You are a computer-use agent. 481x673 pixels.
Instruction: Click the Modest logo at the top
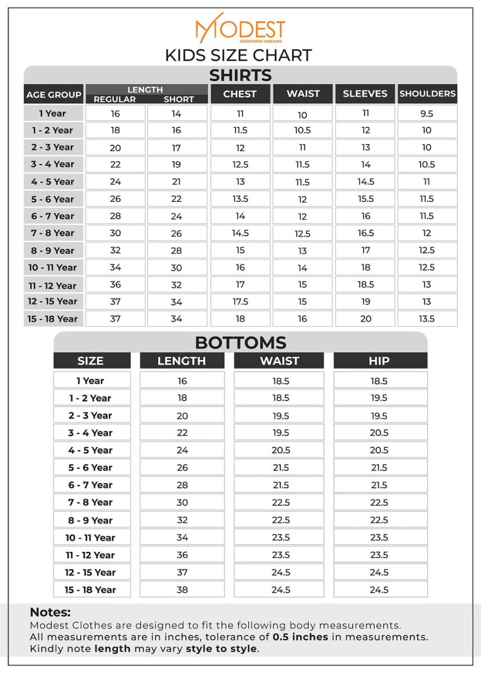click(240, 29)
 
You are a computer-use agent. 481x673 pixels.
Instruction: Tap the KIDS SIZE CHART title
click(239, 56)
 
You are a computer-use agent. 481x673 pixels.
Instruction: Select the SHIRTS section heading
click(240, 75)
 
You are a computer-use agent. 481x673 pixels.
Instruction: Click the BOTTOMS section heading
click(240, 342)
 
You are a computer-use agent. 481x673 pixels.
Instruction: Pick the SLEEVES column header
click(365, 94)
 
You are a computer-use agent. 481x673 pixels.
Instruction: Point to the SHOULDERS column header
click(427, 94)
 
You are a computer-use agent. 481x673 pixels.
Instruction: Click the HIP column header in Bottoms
click(379, 361)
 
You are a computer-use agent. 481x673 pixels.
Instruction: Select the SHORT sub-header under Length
click(178, 99)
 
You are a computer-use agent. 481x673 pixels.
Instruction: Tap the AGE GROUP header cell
click(54, 94)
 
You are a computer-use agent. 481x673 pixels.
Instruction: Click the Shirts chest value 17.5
click(240, 302)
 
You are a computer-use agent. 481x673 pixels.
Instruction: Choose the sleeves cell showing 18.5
click(365, 284)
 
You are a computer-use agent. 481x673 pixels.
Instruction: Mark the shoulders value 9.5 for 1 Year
click(427, 113)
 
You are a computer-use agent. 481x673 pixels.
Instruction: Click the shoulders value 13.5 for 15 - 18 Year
click(427, 319)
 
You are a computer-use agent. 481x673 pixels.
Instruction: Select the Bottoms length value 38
click(182, 589)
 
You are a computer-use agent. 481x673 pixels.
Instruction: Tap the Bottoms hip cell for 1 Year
click(379, 381)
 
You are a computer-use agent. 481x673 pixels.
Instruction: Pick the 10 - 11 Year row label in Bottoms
click(90, 537)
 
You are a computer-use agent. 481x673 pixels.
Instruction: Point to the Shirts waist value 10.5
click(303, 130)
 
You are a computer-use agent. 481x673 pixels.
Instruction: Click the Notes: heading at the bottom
click(50, 612)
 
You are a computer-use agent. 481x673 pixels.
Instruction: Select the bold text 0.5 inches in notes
click(300, 637)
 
